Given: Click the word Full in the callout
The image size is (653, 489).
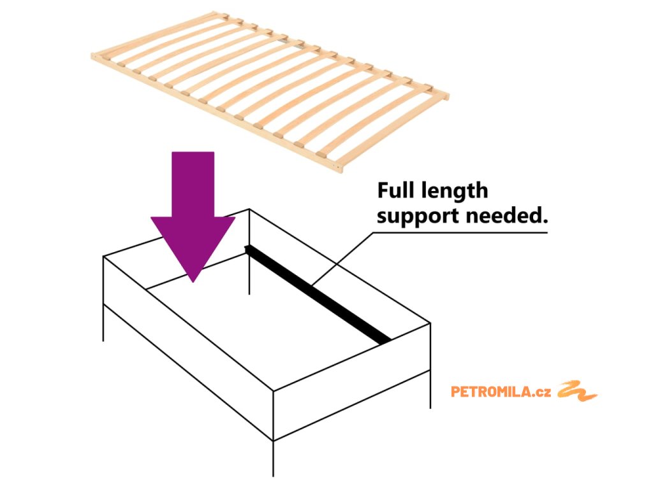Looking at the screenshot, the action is (396, 190).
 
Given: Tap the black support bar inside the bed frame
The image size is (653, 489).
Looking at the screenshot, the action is (319, 294).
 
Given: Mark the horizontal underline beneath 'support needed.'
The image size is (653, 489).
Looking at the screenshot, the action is (459, 232).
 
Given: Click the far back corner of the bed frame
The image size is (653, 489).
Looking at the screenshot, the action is (249, 210).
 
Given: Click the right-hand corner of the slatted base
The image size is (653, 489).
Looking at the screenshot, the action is (446, 97).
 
